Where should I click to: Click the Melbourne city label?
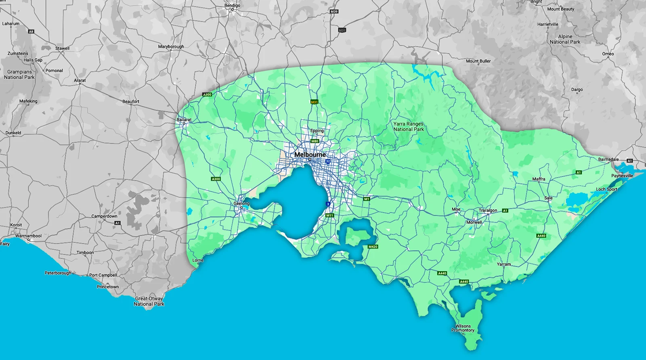pyautogui.click(x=310, y=155)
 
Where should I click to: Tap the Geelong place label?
pyautogui.click(x=241, y=203)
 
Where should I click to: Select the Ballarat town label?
pyautogui.click(x=184, y=119)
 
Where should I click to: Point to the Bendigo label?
pyautogui.click(x=232, y=5)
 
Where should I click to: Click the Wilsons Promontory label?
pyautogui.click(x=463, y=328)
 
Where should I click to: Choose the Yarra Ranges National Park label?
pyautogui.click(x=409, y=127)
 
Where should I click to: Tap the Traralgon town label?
pyautogui.click(x=488, y=210)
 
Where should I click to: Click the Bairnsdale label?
pyautogui.click(x=608, y=159)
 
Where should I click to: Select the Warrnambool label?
pyautogui.click(x=28, y=236)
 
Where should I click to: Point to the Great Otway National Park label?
pyautogui.click(x=149, y=301)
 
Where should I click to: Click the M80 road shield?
pyautogui.click(x=315, y=141)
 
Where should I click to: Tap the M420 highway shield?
pyautogui.click(x=373, y=247)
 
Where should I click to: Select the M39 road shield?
pyautogui.click(x=334, y=11)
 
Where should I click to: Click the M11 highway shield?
pyautogui.click(x=330, y=216)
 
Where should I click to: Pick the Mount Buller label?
pyautogui.click(x=478, y=61)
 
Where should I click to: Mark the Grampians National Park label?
pyautogui.click(x=19, y=74)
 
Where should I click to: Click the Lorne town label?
pyautogui.click(x=198, y=260)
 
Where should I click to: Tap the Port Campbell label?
pyautogui.click(x=103, y=275)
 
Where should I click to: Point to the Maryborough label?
pyautogui.click(x=171, y=46)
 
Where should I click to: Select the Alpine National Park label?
pyautogui.click(x=565, y=39)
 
